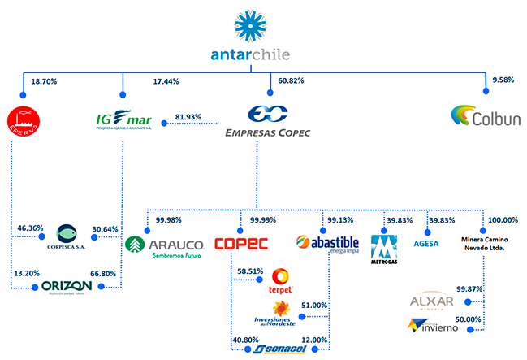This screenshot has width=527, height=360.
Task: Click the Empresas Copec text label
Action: click(270, 132)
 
